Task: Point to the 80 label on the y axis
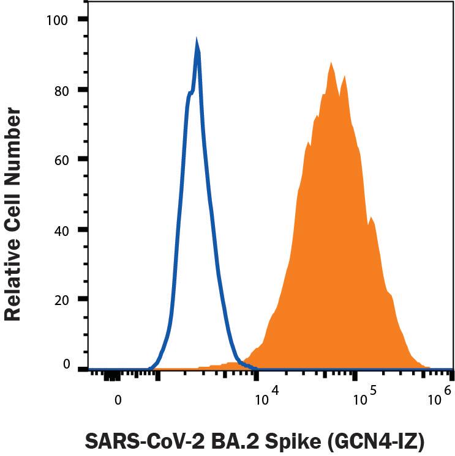point(61,90)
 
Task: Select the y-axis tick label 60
point(61,160)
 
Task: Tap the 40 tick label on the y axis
point(61,230)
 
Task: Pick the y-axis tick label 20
point(61,300)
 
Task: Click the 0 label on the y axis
point(66,365)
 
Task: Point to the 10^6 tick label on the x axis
point(439,398)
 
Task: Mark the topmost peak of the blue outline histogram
point(197,42)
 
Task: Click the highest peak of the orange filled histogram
point(331,63)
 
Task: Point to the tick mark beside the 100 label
point(82,20)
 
